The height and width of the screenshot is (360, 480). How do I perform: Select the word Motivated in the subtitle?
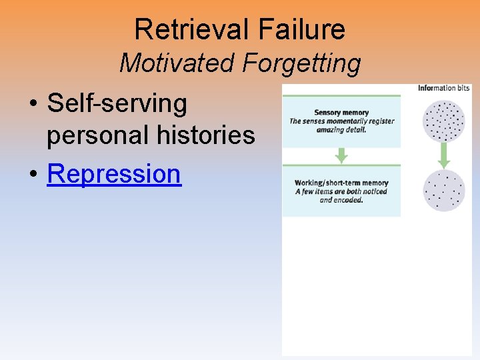coord(178,64)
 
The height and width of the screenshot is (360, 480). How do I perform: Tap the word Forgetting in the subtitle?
coord(302,64)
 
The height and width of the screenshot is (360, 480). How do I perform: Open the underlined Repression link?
coord(114,173)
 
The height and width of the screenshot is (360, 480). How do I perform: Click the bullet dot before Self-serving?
coord(33,104)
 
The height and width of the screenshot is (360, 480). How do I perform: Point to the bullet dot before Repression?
coord(33,174)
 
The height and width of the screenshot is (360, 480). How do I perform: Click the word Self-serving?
coord(117,103)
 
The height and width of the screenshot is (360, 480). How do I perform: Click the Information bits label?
coord(443,88)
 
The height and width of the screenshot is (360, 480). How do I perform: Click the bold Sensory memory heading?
coord(341,113)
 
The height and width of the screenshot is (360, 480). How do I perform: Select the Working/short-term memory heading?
coord(341,183)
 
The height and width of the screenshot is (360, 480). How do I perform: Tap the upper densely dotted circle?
coord(444,121)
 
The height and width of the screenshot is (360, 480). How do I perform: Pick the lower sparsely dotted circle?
coord(444,191)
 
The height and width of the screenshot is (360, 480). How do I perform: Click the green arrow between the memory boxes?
coord(341,155)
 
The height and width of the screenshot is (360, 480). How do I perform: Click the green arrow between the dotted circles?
coord(444,157)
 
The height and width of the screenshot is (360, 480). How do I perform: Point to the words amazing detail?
coord(341,129)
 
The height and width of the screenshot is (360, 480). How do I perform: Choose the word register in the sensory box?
coord(380,121)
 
